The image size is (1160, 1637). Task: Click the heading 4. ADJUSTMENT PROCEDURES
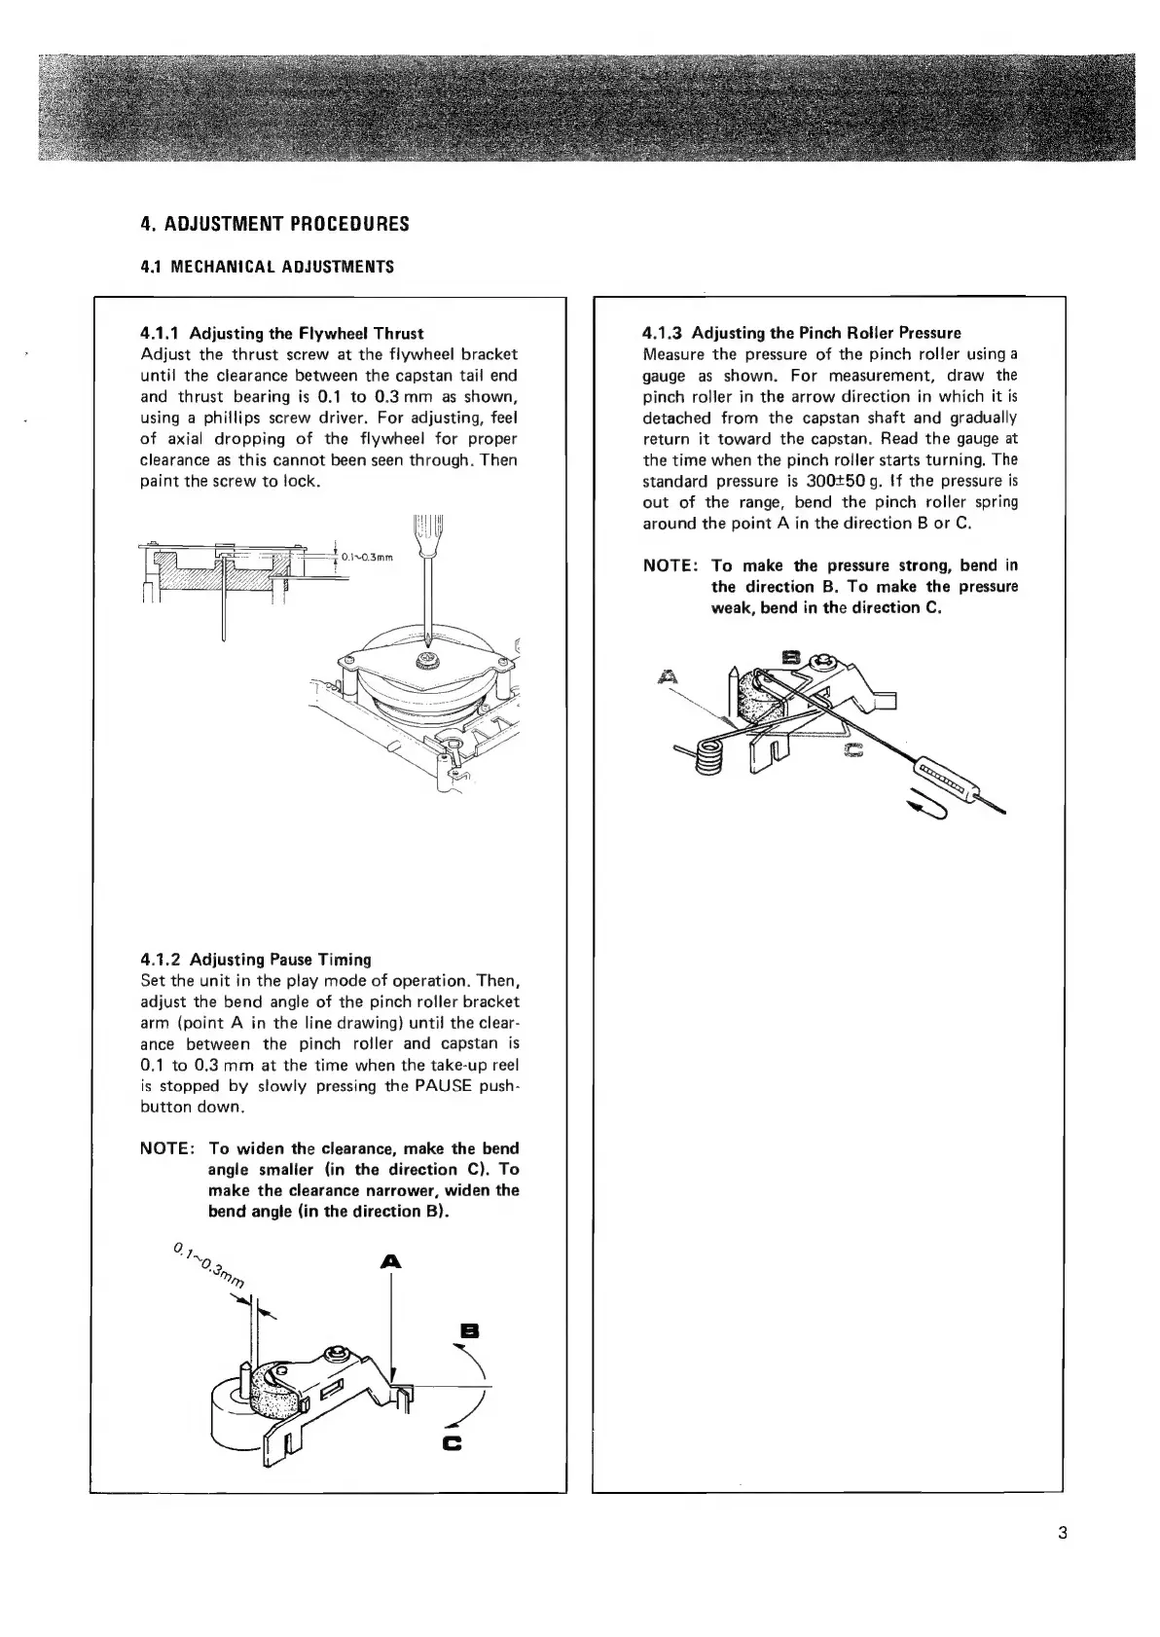point(274,224)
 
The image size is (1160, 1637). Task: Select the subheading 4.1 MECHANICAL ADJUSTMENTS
point(267,267)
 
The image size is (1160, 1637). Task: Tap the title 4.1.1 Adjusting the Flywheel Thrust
point(282,333)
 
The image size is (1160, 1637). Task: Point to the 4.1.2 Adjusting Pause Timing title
point(256,959)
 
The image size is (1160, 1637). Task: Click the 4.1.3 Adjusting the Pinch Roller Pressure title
point(802,333)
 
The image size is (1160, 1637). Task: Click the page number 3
point(1062,1535)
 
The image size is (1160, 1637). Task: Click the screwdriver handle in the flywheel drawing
point(428,531)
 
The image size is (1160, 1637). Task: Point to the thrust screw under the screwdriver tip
point(426,662)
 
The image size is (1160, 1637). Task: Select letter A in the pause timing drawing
point(390,1261)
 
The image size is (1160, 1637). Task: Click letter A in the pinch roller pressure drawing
point(668,675)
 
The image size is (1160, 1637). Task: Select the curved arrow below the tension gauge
point(924,808)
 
